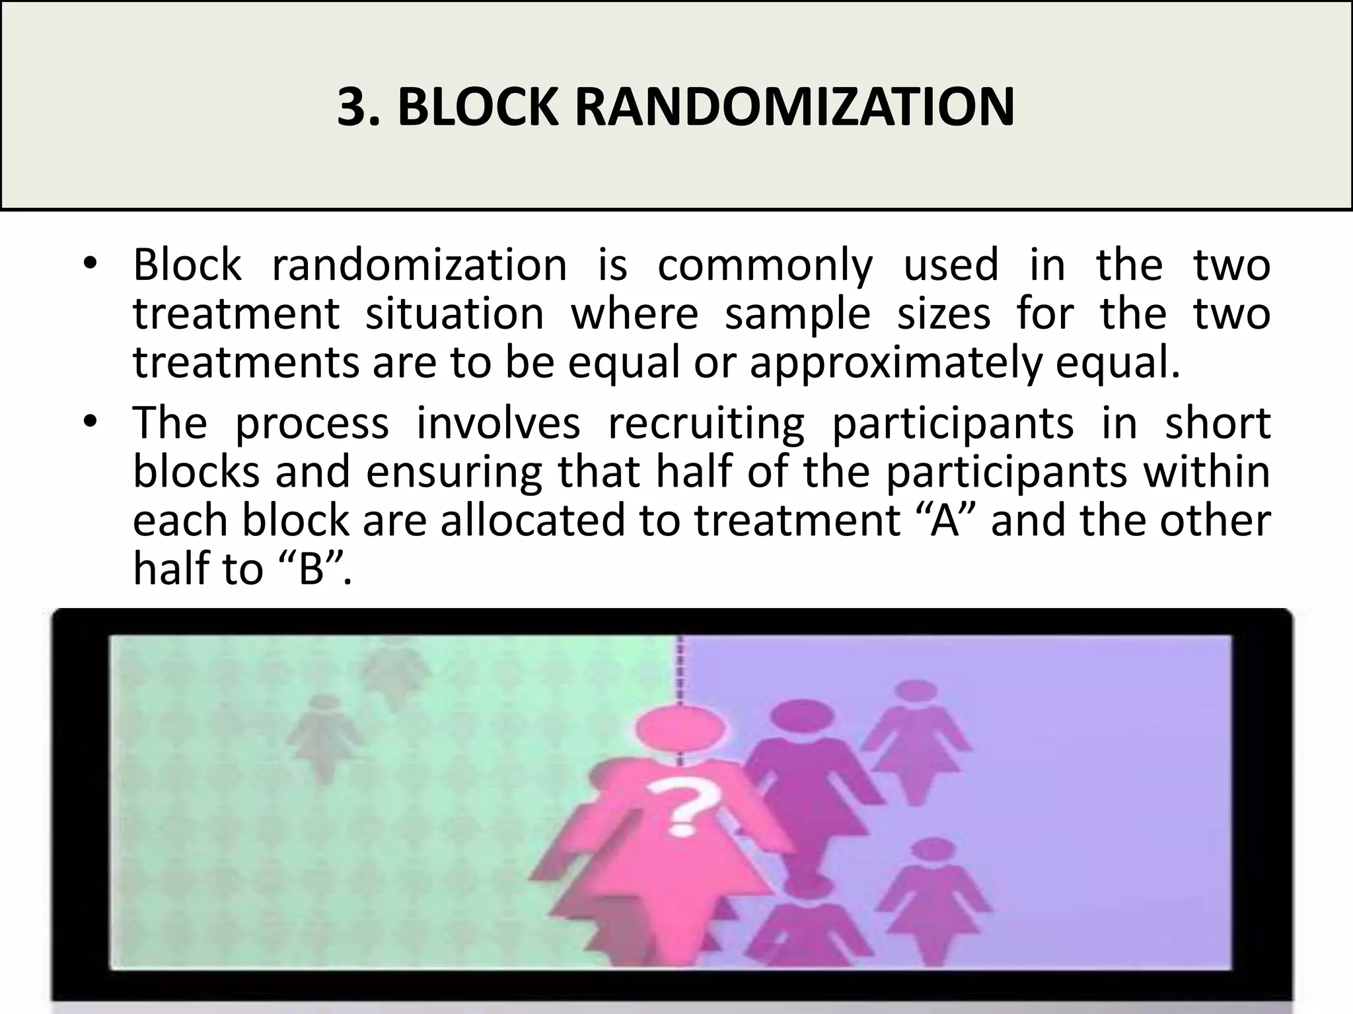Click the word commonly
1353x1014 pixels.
tap(764, 266)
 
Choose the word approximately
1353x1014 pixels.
tap(895, 364)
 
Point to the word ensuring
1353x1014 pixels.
tap(454, 472)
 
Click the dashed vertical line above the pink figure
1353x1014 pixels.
tap(680, 670)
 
